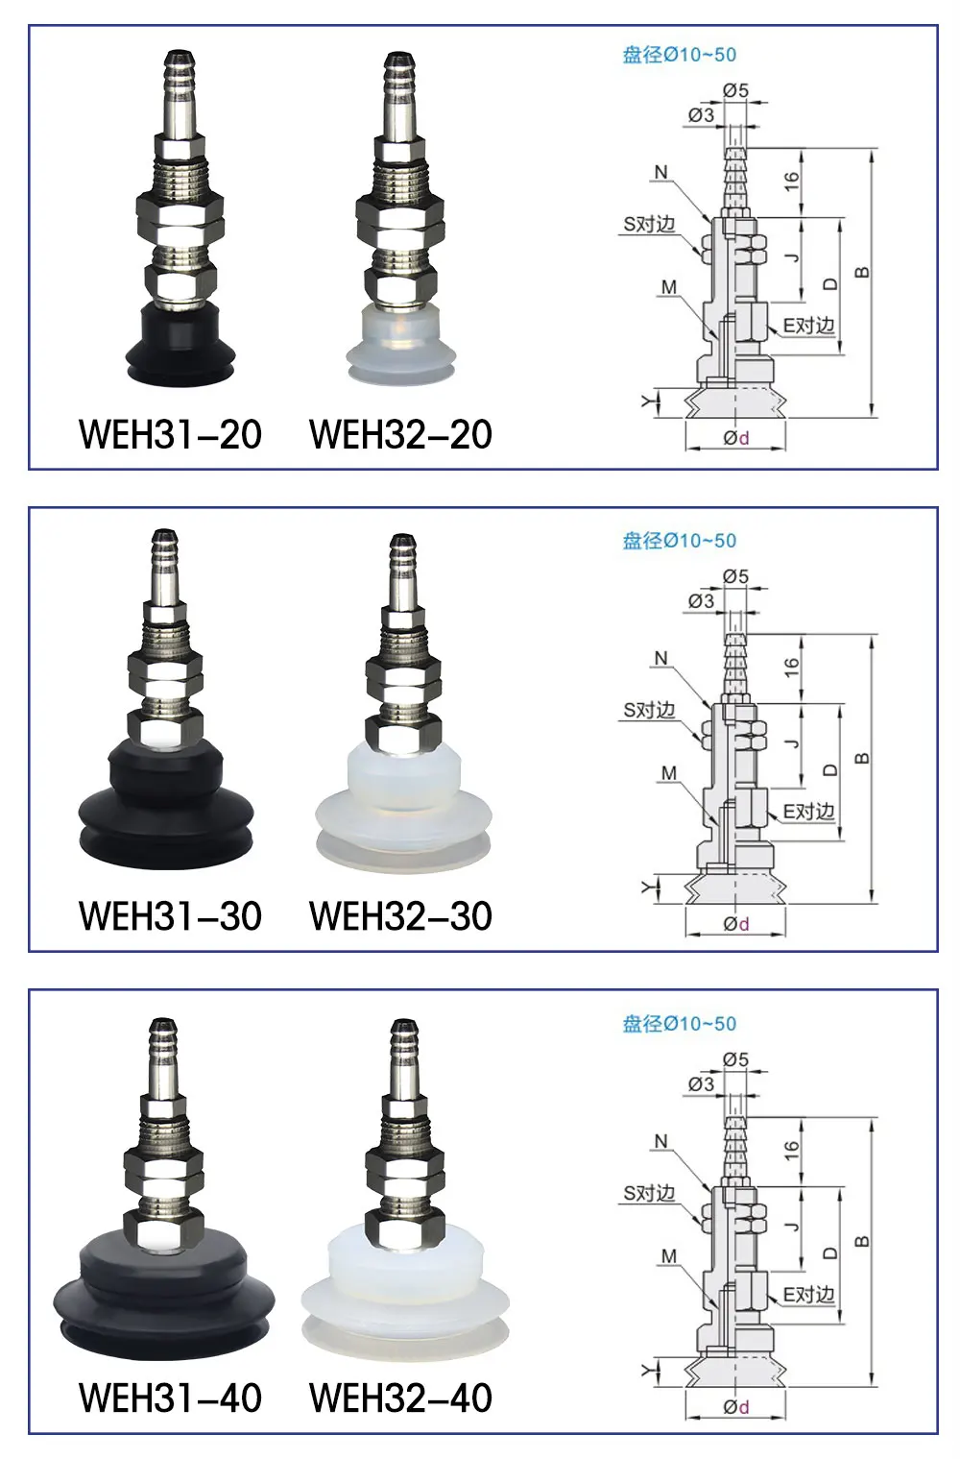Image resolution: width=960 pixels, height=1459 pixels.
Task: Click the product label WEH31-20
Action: tap(170, 434)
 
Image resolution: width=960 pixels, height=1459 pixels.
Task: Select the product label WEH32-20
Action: tap(400, 434)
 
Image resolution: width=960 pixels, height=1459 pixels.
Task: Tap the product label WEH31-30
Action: tap(170, 916)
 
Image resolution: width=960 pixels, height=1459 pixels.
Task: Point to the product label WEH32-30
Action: tap(400, 916)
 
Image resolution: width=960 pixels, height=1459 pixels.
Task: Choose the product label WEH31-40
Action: tap(170, 1398)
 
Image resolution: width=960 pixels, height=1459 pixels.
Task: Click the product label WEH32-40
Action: tap(400, 1398)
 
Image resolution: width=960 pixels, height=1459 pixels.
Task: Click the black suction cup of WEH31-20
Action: tap(180, 347)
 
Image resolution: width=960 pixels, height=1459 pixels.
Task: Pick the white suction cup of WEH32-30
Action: tap(403, 808)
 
